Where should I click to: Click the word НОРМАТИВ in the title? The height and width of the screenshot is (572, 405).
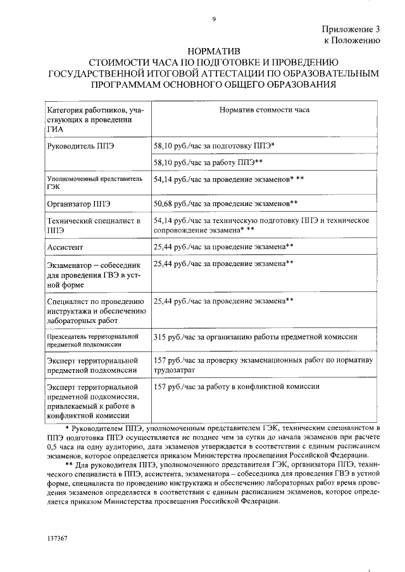click(x=215, y=50)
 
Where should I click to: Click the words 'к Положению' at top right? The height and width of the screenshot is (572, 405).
click(x=352, y=40)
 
